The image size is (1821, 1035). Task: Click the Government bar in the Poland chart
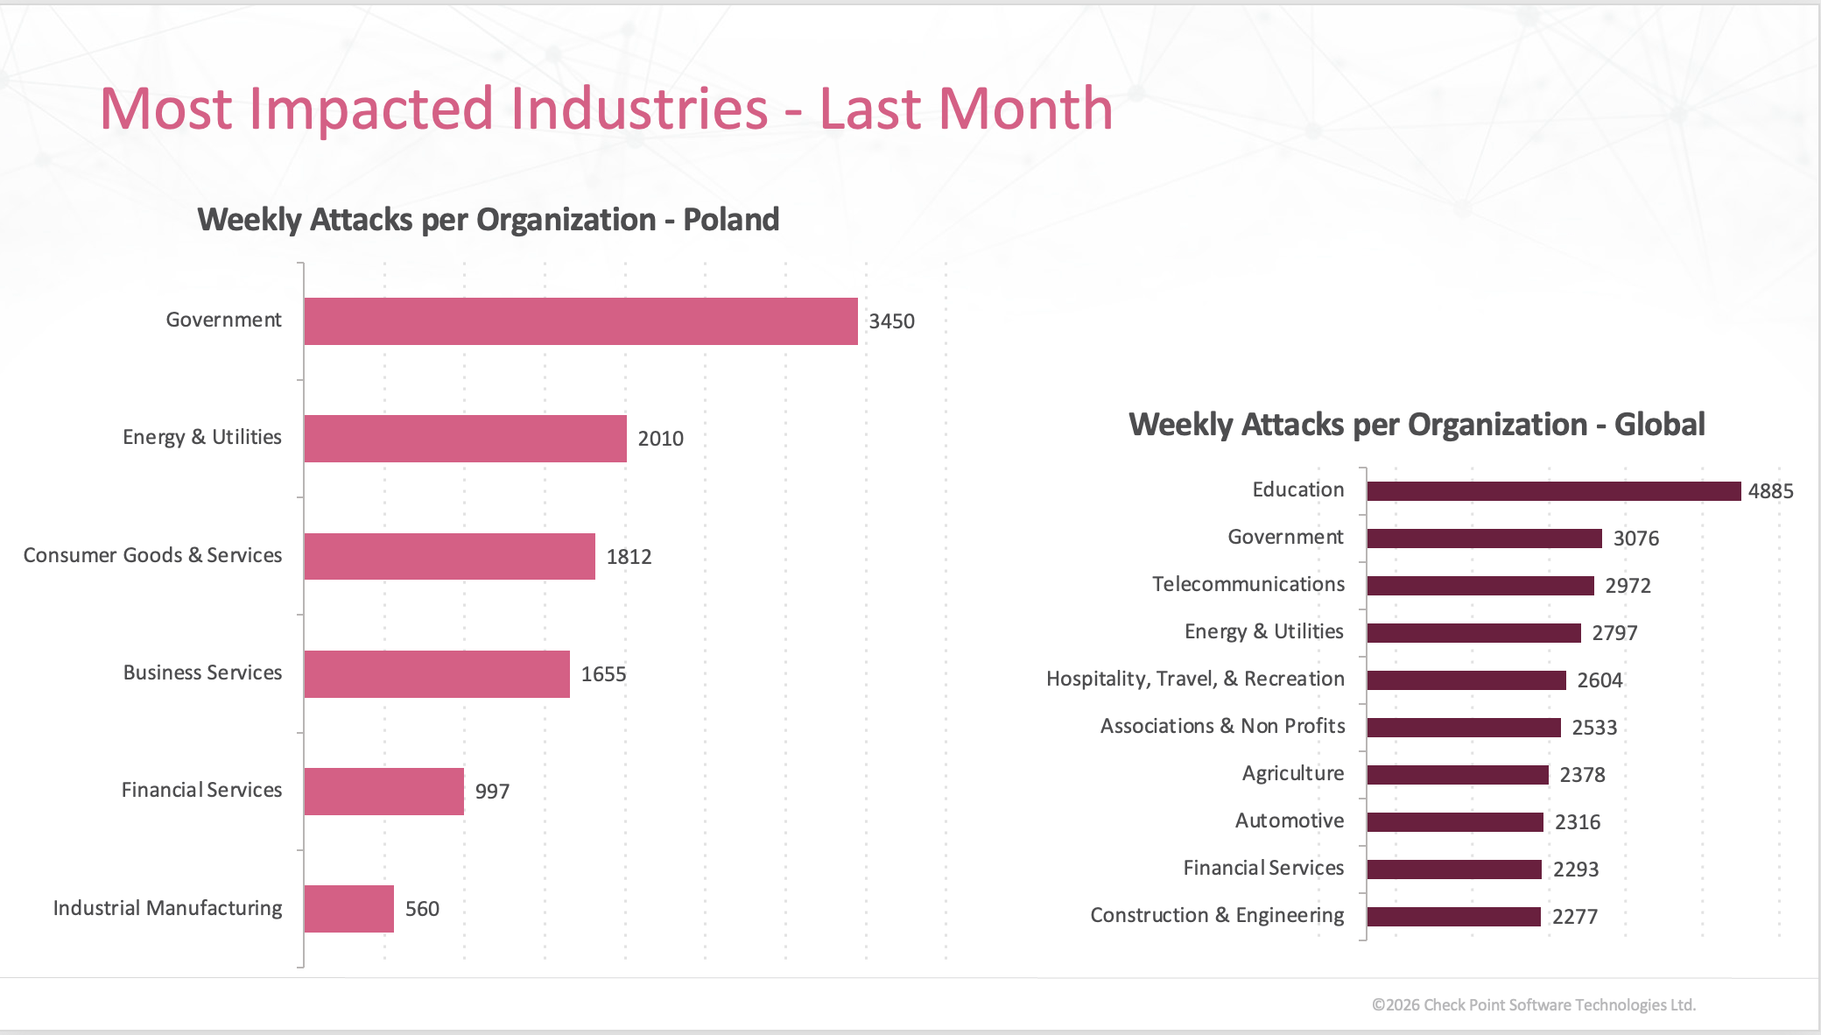tap(581, 321)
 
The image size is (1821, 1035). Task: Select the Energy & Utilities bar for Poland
tap(466, 439)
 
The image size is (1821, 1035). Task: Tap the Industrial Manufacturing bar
tap(349, 909)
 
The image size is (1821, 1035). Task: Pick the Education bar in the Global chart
tap(1554, 491)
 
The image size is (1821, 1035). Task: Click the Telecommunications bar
tap(1480, 586)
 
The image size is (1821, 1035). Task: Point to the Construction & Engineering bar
tap(1454, 917)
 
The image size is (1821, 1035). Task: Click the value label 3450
tap(891, 321)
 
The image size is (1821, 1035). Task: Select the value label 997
tap(492, 792)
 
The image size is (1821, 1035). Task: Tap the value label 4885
tap(1770, 491)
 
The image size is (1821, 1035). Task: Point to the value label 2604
tap(1600, 680)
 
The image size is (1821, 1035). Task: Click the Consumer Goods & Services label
tap(152, 555)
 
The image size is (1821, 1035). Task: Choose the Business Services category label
tap(202, 672)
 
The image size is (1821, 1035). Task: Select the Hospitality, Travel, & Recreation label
tap(1195, 679)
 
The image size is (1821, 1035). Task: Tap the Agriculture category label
tap(1293, 773)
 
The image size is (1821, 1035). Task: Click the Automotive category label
tap(1290, 820)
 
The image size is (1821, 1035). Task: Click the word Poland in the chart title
tap(731, 220)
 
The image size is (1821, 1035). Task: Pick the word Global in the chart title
tap(1660, 425)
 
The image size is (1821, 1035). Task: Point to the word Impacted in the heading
tap(509, 109)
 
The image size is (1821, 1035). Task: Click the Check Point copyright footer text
tap(1534, 1005)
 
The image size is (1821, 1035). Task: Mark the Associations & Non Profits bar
tap(1464, 728)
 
